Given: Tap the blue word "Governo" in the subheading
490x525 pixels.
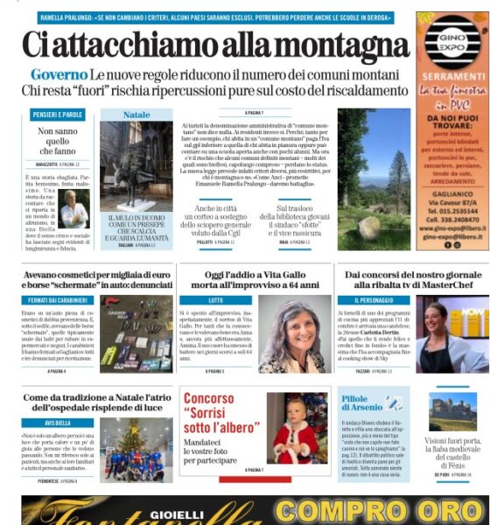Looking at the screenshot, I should [x=59, y=76].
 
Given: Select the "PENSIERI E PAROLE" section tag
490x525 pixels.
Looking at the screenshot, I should [x=59, y=115].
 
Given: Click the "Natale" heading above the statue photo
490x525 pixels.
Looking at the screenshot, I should [x=136, y=115].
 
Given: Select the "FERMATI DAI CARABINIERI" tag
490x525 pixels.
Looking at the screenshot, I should [x=58, y=300].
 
